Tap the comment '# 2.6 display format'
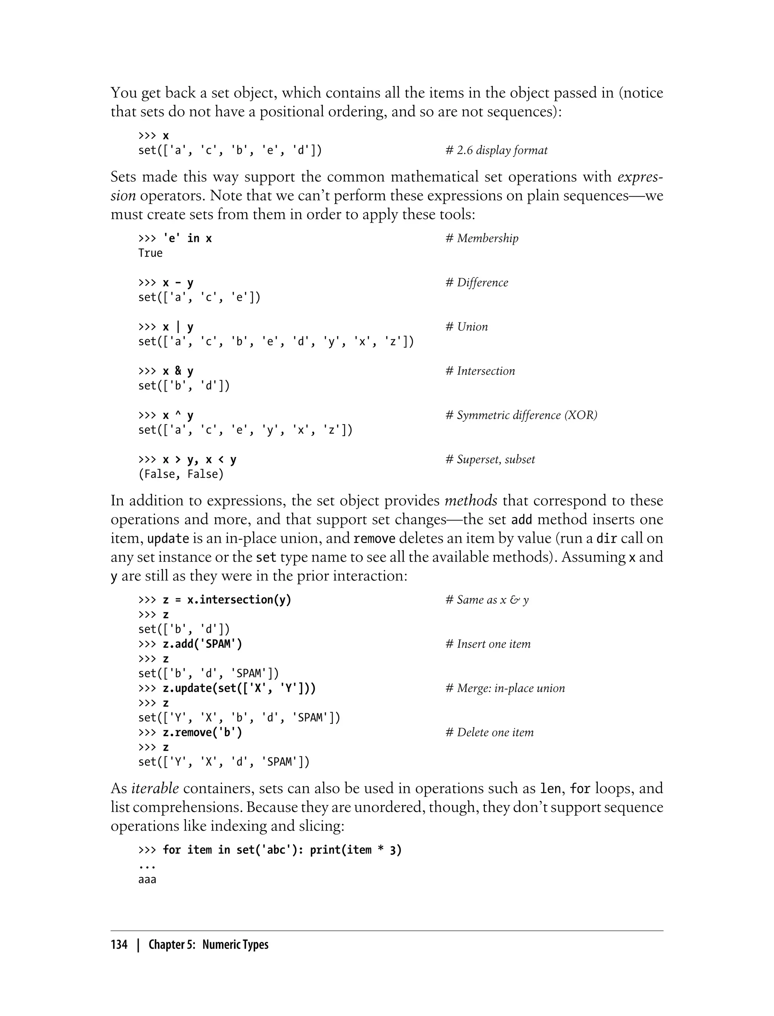tap(496, 150)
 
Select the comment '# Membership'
tap(481, 238)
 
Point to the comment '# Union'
tap(466, 327)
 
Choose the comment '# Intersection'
tap(480, 371)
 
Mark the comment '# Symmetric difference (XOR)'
tap(521, 415)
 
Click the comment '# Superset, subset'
tap(490, 459)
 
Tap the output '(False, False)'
tap(181, 474)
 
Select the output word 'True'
tap(150, 253)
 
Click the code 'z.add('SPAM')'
tap(202, 644)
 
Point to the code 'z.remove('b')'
tap(202, 732)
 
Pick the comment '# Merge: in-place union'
tap(505, 688)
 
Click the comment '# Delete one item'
tap(489, 732)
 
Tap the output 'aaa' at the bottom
tap(147, 880)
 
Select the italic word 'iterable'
tap(155, 788)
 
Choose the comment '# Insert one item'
tap(488, 644)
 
